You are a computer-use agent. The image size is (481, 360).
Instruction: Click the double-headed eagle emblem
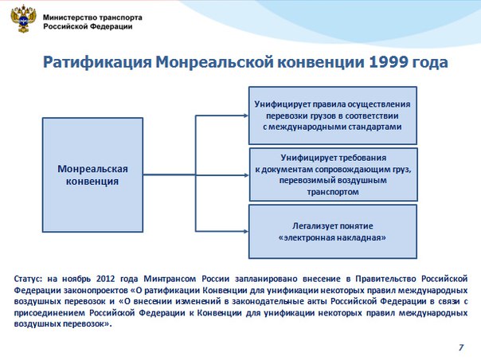23,20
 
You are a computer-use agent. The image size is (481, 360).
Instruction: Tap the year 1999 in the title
388,62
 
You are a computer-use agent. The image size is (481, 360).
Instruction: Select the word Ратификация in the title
97,63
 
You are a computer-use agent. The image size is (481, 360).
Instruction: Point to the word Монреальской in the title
214,63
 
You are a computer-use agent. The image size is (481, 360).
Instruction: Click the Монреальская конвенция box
92,174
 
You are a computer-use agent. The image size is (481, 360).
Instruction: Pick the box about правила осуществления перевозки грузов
333,115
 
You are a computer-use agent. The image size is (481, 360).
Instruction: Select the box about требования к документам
334,174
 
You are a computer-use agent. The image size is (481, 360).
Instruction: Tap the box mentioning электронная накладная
333,232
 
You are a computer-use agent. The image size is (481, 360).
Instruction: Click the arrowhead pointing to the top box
246,115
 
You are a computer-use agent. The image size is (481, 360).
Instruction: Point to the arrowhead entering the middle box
246,175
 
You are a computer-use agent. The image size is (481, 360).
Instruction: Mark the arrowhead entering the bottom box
246,231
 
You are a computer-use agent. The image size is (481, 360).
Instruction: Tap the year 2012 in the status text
105,279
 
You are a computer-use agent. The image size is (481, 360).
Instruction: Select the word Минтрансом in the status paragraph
170,279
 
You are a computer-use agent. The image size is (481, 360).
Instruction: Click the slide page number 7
461,347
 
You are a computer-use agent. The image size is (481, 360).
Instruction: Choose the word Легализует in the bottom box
311,226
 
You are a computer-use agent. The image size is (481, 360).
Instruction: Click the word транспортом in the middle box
333,192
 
